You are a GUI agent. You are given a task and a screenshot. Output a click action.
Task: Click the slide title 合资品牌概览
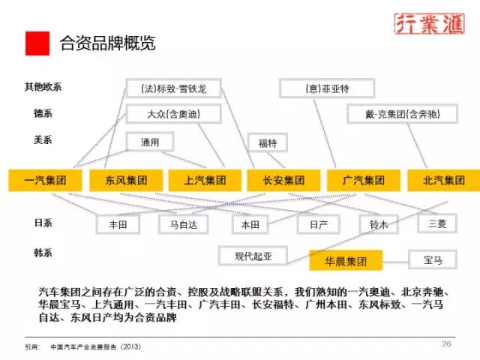pyautogui.click(x=108, y=43)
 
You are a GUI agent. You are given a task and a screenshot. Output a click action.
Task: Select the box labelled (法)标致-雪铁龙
pyautogui.click(x=173, y=88)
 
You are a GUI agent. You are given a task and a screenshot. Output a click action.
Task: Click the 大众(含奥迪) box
pyautogui.click(x=174, y=114)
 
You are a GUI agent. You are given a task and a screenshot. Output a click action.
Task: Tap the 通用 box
pyautogui.click(x=149, y=140)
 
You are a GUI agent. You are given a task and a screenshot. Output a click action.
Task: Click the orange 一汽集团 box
pyautogui.click(x=46, y=180)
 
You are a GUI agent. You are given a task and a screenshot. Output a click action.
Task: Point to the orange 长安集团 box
pyautogui.click(x=284, y=180)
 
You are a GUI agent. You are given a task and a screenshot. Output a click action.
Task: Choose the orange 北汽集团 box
pyautogui.click(x=444, y=180)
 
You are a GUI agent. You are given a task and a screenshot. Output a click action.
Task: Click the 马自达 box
pyautogui.click(x=183, y=223)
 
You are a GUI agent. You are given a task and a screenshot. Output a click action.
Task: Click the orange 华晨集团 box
pyautogui.click(x=346, y=260)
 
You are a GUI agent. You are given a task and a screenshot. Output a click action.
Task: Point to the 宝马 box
pyautogui.click(x=433, y=260)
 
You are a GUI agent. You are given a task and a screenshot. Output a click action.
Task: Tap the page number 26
pyautogui.click(x=446, y=344)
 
